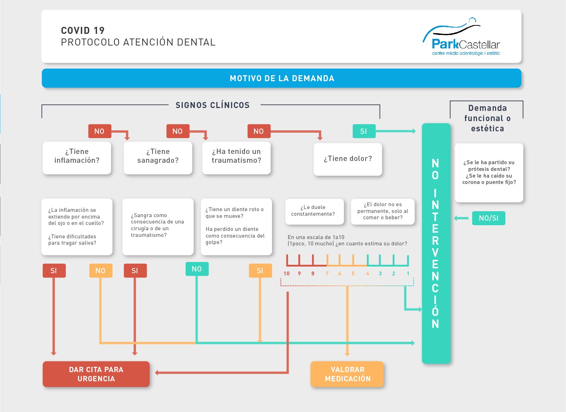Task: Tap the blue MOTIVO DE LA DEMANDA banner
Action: (282, 78)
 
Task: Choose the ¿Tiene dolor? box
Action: (348, 159)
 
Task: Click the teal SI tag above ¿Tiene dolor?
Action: (364, 131)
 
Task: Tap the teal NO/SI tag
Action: (488, 218)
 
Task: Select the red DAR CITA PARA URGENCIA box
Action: (96, 374)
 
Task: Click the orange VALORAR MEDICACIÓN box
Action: (347, 374)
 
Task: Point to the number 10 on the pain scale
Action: (287, 274)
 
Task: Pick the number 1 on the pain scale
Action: (408, 274)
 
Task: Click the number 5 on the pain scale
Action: (353, 274)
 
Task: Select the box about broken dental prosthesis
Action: (489, 172)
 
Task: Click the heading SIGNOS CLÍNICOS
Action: (212, 105)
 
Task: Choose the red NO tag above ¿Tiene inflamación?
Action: (100, 131)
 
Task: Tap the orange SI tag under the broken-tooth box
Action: (260, 271)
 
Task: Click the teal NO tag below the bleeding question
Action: (197, 269)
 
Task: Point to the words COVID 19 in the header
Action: (83, 30)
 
